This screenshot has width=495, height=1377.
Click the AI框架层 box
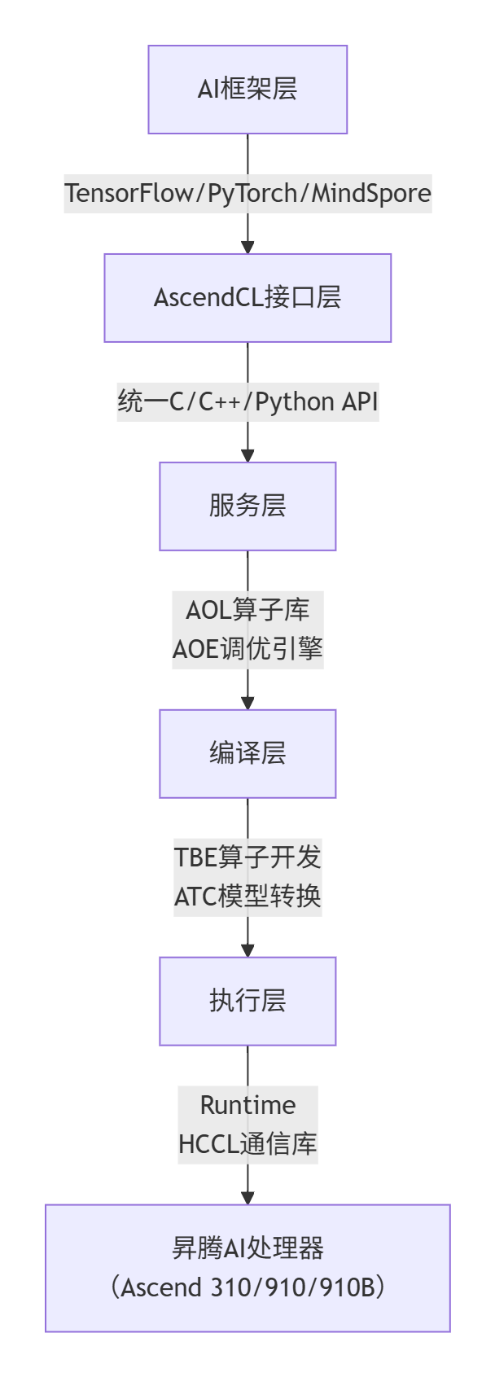[x=247, y=90]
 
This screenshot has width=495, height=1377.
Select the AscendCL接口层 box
[x=247, y=298]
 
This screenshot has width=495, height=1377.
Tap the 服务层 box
[x=247, y=507]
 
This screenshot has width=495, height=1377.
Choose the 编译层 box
[x=247, y=754]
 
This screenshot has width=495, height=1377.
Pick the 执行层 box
[x=247, y=1002]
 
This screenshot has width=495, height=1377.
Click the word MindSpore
[x=371, y=194]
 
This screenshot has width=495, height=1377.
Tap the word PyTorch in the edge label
[x=252, y=194]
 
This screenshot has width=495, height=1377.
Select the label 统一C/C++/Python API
[x=247, y=402]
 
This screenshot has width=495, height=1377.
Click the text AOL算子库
[x=247, y=610]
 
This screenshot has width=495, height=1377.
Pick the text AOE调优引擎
[x=247, y=649]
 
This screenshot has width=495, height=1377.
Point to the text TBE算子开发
[x=247, y=857]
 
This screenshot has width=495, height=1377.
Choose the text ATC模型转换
[x=247, y=897]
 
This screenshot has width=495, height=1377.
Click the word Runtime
[x=247, y=1105]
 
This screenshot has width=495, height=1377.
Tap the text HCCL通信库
[x=247, y=1144]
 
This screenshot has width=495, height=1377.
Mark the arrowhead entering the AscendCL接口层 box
[x=247, y=248]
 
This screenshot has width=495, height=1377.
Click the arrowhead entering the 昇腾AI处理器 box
[x=247, y=1199]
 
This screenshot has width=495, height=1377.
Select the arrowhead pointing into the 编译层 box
[x=247, y=704]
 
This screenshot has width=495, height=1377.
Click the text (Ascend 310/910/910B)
[x=247, y=1288]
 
